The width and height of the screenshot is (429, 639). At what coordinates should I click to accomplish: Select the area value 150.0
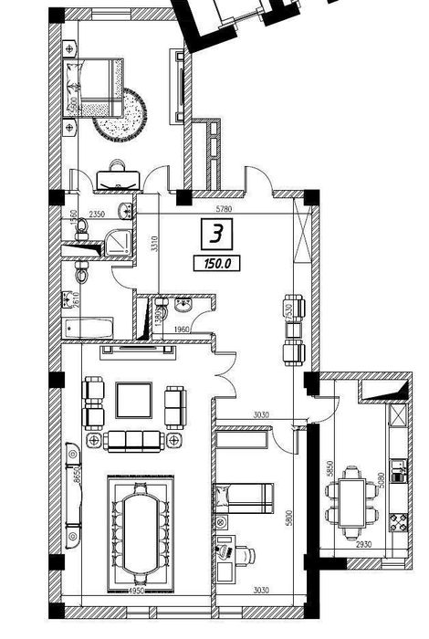(x=212, y=264)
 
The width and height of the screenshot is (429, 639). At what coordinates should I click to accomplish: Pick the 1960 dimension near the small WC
(x=181, y=329)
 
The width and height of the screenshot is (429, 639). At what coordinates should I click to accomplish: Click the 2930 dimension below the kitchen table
(x=364, y=543)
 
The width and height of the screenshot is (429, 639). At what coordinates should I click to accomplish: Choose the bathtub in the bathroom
(x=88, y=328)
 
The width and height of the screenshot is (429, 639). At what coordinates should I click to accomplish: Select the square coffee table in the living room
(x=135, y=399)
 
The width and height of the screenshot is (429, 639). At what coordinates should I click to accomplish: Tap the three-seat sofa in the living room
(x=136, y=441)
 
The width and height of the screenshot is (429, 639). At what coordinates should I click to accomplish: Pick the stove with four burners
(x=399, y=521)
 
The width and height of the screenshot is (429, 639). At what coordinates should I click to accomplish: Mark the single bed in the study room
(x=243, y=498)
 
